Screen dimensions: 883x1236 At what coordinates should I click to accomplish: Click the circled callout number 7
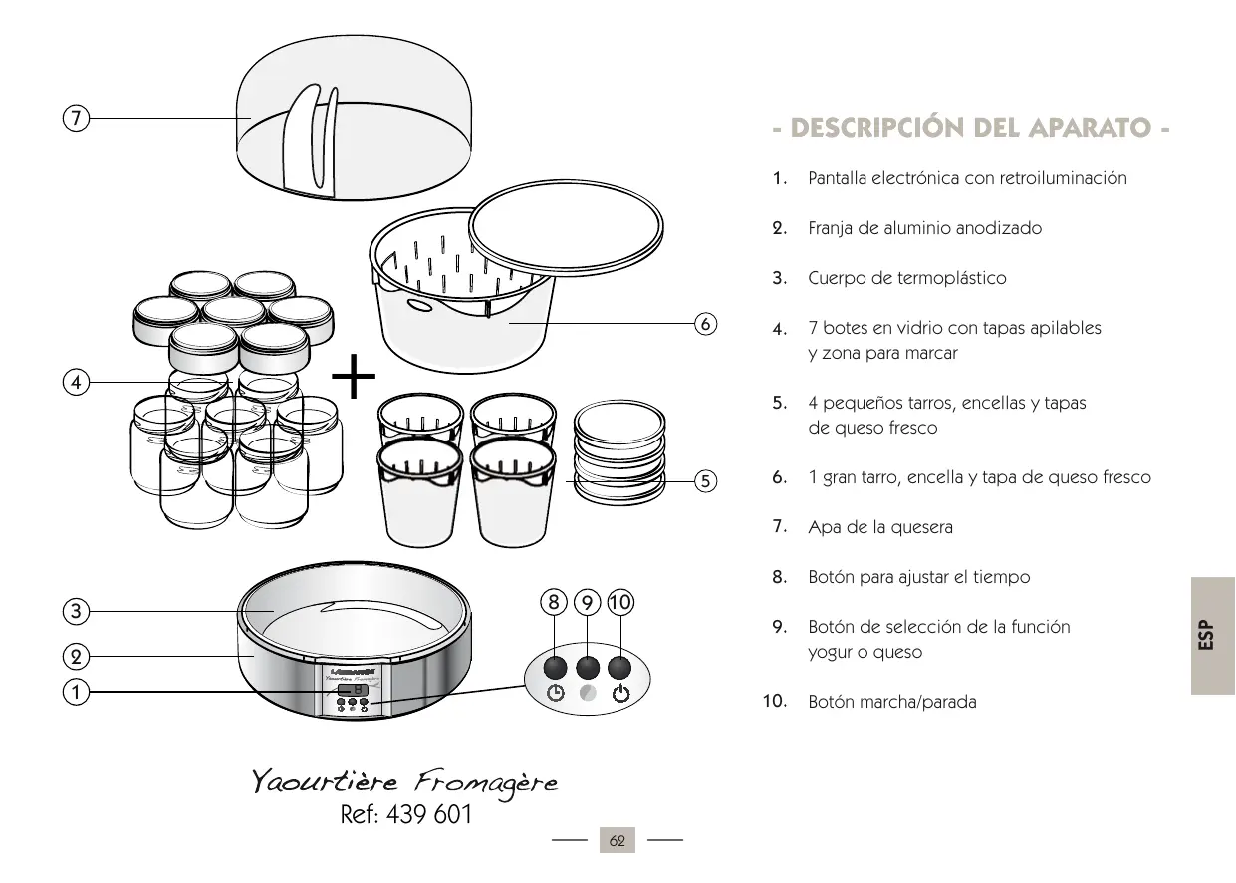74,118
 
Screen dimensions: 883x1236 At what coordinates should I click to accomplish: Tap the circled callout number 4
74,381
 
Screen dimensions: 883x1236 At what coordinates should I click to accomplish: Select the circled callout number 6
704,324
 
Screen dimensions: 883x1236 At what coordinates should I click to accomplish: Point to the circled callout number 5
704,481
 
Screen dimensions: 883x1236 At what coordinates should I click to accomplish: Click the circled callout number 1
74,691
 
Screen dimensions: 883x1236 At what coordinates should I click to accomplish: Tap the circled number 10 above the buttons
620,602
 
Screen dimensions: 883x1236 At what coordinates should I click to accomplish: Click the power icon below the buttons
621,694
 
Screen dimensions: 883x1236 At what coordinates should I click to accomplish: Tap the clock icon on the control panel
557,694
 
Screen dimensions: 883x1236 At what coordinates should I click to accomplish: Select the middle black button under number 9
589,668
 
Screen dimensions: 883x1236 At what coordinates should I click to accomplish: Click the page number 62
617,841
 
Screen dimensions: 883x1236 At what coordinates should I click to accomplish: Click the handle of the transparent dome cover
304,140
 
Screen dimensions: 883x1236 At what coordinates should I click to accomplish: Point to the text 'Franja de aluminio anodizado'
924,228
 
